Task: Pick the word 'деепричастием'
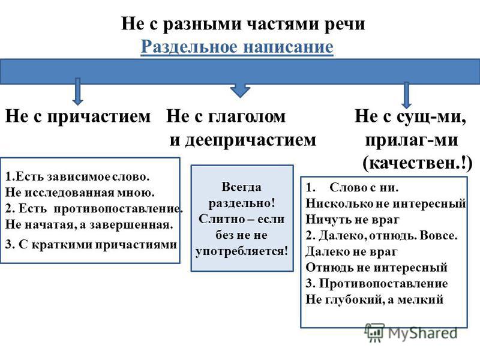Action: pyautogui.click(x=251, y=140)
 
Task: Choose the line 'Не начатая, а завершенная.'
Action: pyautogui.click(x=88, y=225)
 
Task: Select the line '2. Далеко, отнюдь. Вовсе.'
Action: pyautogui.click(x=381, y=235)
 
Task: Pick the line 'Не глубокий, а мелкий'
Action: pyautogui.click(x=374, y=299)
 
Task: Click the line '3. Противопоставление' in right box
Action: pyautogui.click(x=377, y=283)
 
